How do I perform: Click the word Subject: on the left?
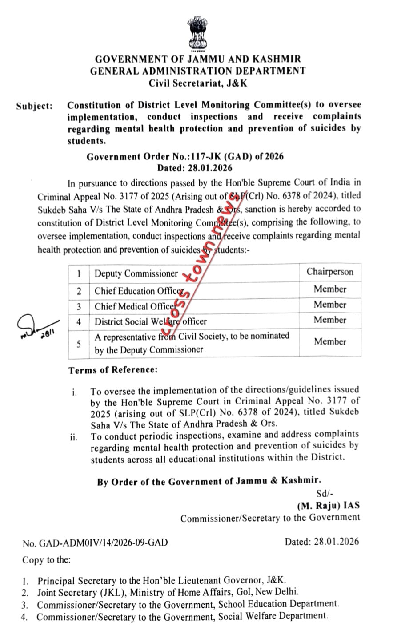tap(34, 106)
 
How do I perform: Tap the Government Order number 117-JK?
tap(184, 156)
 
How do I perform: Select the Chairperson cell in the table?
tap(329, 272)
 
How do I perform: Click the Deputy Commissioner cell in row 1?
tap(136, 274)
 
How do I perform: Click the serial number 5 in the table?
tap(79, 343)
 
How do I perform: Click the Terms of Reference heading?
tap(113, 370)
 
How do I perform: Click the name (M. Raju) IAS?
tap(329, 506)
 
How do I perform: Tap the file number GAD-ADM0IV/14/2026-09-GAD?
tap(95, 543)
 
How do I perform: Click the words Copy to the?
tap(46, 560)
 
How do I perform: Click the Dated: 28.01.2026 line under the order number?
tap(194, 168)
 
